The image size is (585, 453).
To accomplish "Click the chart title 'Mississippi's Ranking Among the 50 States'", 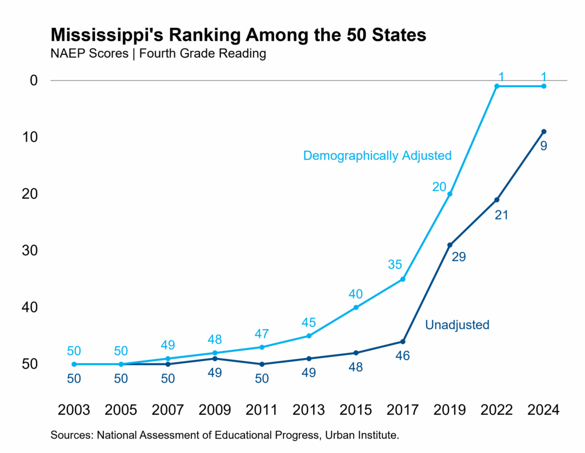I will point(238,34).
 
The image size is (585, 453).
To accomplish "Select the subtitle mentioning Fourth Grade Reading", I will point(158,54).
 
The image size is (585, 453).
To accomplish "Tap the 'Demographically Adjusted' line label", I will point(377,155).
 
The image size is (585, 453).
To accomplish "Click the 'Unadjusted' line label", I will point(457,325).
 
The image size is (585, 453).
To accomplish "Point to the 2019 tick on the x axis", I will point(450,410).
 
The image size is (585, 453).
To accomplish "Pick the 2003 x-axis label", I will point(74,410).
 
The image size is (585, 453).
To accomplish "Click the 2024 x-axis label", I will point(543,410).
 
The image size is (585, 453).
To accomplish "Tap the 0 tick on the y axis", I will point(34,80).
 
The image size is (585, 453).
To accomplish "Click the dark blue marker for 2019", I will point(450,245).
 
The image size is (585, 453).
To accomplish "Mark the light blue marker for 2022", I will point(496,86).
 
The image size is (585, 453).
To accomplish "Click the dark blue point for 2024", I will point(543,131).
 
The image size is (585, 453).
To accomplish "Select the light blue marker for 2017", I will point(403,279).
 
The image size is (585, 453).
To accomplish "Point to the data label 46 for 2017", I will point(403,356).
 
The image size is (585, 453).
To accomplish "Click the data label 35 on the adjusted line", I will point(395,264).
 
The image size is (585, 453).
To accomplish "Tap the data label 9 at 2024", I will point(544,146).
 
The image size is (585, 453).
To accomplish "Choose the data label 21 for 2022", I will point(501,215).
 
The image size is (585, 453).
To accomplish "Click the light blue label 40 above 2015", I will point(356,294).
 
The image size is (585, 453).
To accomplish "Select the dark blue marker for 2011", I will point(262,364).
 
